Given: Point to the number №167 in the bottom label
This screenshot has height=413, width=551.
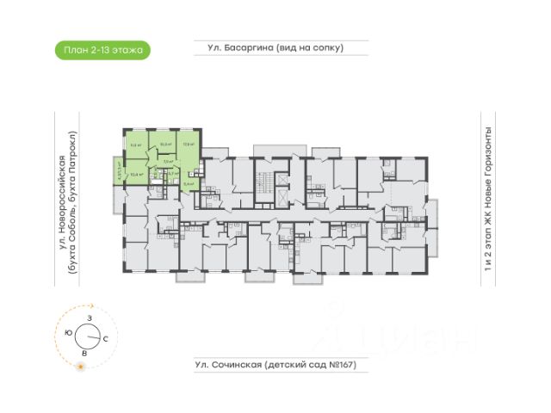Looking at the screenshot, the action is click(x=337, y=365).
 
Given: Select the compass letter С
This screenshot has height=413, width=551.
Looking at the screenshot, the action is click(x=105, y=340).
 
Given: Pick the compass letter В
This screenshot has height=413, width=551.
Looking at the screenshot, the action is click(x=84, y=353).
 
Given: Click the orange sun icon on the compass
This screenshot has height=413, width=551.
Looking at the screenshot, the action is click(x=81, y=367).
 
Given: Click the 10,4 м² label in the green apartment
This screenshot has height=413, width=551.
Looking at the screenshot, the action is click(x=134, y=174).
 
